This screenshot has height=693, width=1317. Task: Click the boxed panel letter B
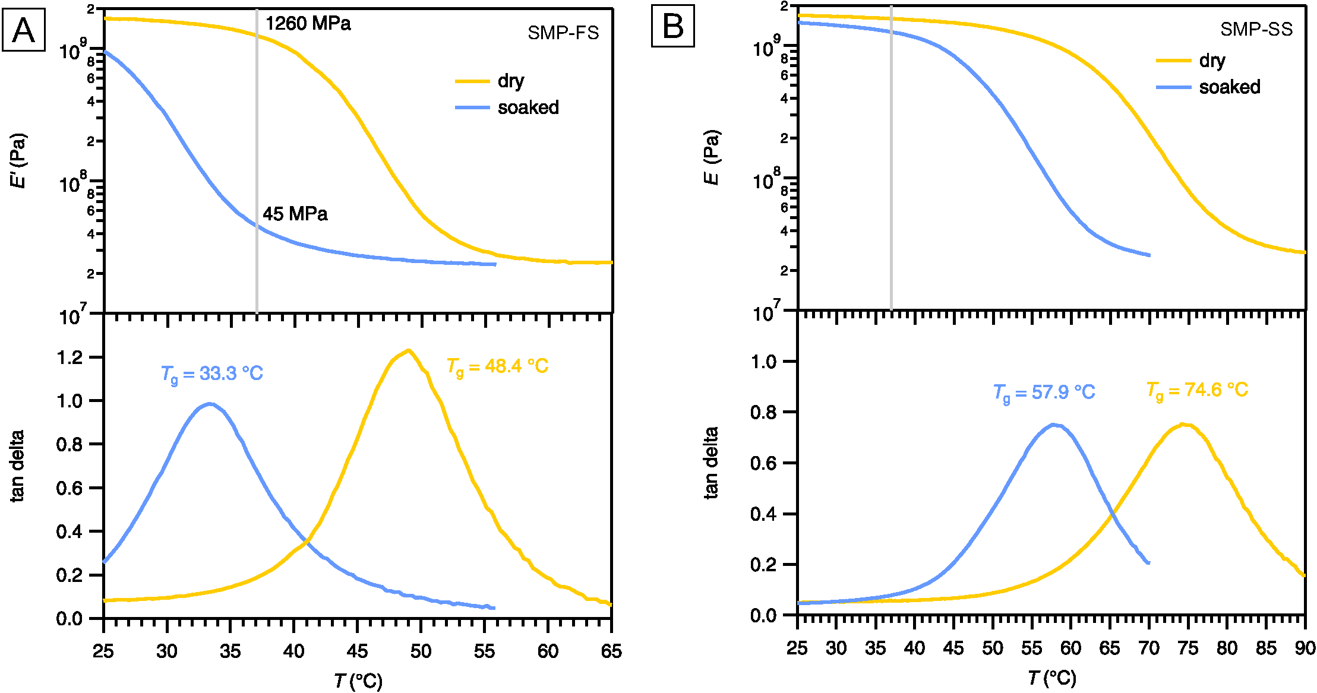[672, 27]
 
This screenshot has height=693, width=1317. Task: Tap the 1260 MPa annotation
[308, 24]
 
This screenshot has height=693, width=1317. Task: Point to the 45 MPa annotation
[295, 214]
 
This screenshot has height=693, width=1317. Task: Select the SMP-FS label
[563, 33]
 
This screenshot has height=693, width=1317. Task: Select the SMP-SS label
[1256, 30]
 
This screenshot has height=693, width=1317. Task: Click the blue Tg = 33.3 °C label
[211, 374]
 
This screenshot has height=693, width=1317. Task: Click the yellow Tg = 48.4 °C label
[497, 367]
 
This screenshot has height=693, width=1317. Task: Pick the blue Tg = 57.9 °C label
[1044, 393]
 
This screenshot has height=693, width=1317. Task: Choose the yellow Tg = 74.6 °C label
[1197, 390]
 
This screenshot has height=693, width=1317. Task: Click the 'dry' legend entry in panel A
[510, 81]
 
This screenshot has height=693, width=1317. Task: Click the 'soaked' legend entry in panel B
[1229, 87]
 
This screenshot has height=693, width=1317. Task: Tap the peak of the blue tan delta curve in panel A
[209, 404]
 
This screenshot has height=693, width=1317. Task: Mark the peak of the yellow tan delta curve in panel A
[408, 350]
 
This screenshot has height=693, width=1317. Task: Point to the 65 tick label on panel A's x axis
[611, 651]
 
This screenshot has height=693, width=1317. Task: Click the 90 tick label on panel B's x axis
[1305, 648]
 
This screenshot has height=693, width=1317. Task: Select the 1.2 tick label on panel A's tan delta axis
[70, 357]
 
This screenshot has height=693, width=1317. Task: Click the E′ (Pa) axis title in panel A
[18, 160]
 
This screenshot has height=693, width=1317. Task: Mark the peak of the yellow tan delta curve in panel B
[1183, 424]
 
